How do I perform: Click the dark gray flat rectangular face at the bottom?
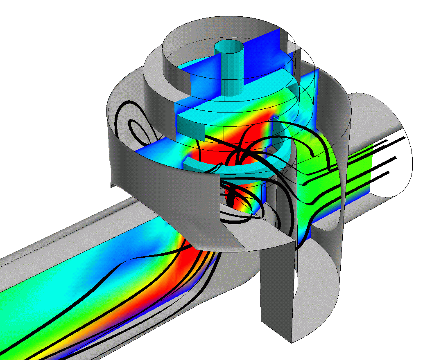[277, 286]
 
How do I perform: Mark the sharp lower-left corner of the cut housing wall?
[111, 186]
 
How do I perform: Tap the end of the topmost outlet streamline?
[406, 138]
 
